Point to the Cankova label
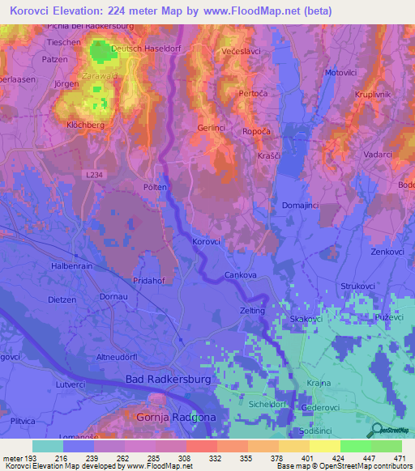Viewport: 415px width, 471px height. click(240, 274)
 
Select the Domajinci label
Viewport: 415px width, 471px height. click(302, 206)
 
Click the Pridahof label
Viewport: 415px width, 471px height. click(148, 280)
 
